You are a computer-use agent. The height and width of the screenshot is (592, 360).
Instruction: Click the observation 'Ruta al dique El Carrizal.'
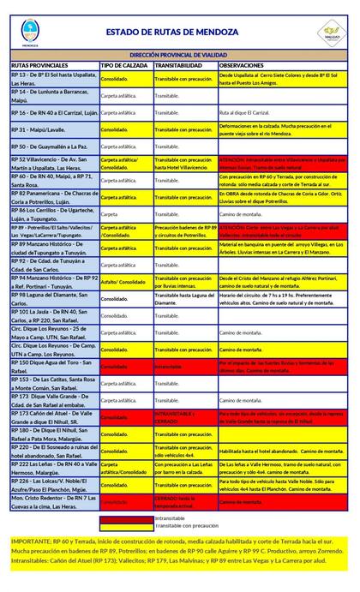click(248, 112)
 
